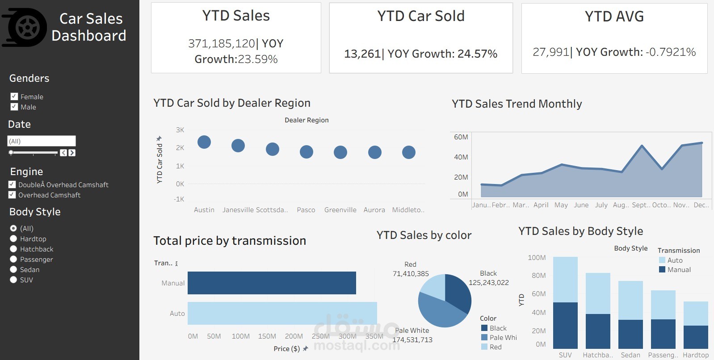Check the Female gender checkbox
click(14, 96)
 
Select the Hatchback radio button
click(13, 249)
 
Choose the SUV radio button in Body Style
click(13, 280)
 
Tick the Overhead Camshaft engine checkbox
click(12, 195)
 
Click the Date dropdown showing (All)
click(42, 141)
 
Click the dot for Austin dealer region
click(204, 142)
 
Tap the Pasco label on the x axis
click(306, 210)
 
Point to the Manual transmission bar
click(272, 283)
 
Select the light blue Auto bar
click(282, 313)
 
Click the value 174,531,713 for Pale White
click(412, 340)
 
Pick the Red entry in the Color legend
click(495, 347)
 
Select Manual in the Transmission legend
click(679, 270)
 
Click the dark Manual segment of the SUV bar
click(565, 325)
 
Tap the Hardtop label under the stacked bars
click(696, 355)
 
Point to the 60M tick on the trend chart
click(461, 137)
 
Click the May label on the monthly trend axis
click(561, 205)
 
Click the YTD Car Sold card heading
click(421, 16)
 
